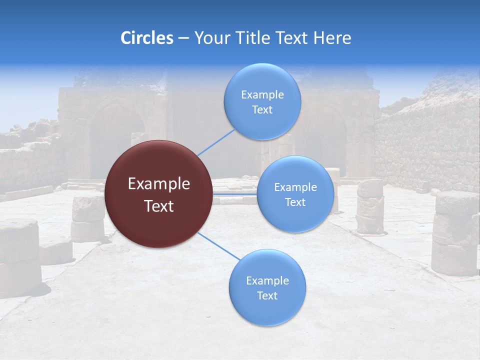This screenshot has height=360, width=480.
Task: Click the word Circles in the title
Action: (146, 38)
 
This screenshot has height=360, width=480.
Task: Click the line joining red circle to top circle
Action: (216, 142)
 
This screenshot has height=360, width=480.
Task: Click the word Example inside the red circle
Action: (159, 184)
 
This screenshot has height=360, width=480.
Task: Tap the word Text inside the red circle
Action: (159, 206)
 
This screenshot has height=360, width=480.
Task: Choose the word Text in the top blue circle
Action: (262, 109)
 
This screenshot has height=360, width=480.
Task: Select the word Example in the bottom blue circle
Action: (267, 280)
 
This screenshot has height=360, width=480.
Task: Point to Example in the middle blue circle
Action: (295, 187)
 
